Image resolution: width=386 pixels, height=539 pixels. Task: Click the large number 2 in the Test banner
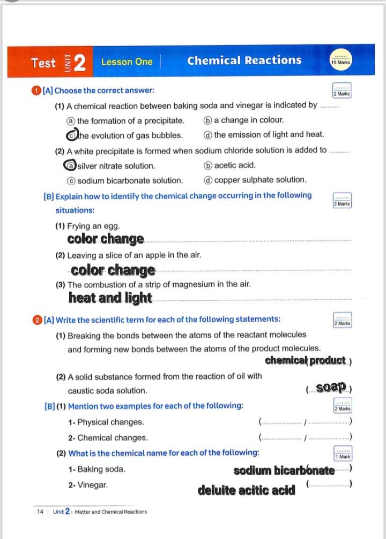(x=80, y=62)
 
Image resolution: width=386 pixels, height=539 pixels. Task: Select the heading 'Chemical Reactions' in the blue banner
(x=244, y=60)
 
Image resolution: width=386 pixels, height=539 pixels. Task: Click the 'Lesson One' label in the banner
(x=127, y=62)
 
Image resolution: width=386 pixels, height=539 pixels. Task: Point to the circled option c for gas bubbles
(x=71, y=135)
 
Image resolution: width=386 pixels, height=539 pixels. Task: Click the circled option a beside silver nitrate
(x=70, y=165)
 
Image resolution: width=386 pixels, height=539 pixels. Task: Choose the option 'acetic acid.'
(x=235, y=165)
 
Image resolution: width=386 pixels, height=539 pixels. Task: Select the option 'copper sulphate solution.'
(x=260, y=180)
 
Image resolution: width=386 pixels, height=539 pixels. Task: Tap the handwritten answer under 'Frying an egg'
(x=106, y=239)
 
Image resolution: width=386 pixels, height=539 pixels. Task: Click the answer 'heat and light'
(x=110, y=298)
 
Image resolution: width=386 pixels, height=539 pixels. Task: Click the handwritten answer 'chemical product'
(x=305, y=360)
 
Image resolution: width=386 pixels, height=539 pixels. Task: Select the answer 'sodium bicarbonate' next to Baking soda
(x=284, y=470)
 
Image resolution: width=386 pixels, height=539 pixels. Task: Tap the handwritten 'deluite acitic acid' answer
(x=246, y=490)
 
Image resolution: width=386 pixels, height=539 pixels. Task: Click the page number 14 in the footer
(x=40, y=512)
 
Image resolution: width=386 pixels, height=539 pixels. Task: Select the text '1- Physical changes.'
(x=106, y=422)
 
